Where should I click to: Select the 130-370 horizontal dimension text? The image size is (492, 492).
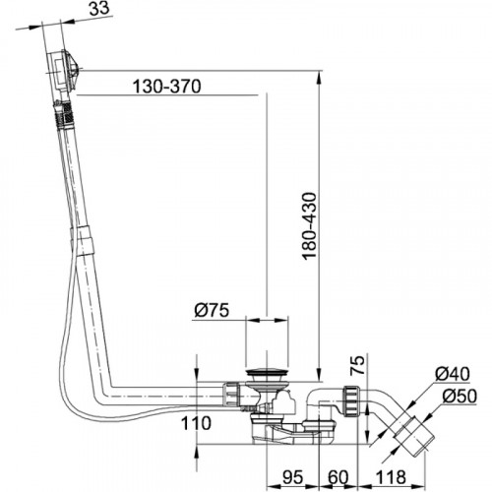[x=164, y=87]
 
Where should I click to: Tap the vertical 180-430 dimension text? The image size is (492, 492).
[x=310, y=225]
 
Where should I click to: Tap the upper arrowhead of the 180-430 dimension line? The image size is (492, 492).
[x=321, y=77]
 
